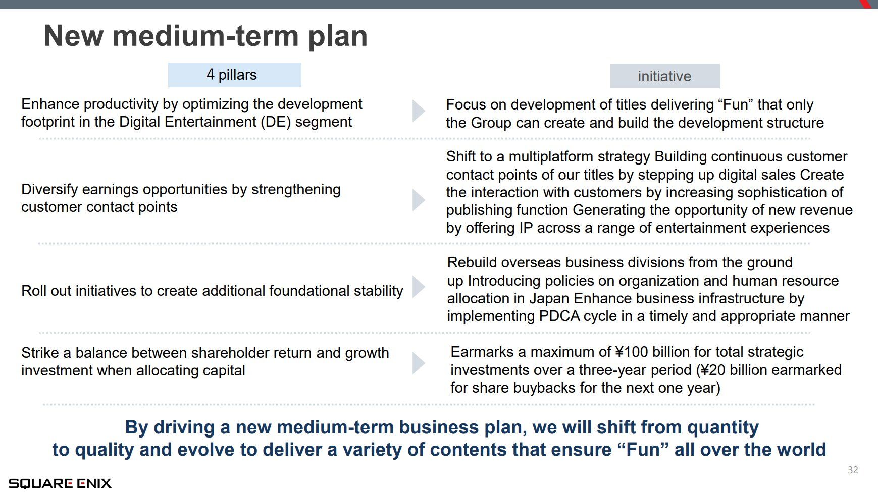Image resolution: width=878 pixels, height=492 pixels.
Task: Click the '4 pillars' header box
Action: pyautogui.click(x=234, y=75)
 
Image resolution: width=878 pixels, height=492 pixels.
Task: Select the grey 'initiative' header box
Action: pyautogui.click(x=664, y=76)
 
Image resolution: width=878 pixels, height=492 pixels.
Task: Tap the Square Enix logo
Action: pyautogui.click(x=60, y=483)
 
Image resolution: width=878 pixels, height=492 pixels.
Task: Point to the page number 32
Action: pyautogui.click(x=853, y=470)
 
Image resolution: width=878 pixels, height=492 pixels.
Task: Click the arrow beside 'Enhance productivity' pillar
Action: pyautogui.click(x=419, y=111)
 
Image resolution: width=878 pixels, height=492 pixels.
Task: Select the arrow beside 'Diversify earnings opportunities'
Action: pyautogui.click(x=419, y=200)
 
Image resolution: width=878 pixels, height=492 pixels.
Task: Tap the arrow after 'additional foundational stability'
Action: pyautogui.click(x=419, y=287)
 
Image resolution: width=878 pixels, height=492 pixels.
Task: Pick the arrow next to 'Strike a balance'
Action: pyautogui.click(x=419, y=363)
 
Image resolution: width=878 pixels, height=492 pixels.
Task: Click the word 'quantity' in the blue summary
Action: pyautogui.click(x=723, y=427)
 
